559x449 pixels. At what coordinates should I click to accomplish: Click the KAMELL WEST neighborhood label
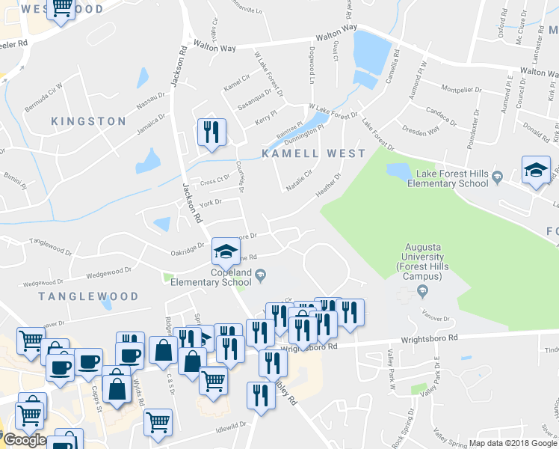[x=313, y=153]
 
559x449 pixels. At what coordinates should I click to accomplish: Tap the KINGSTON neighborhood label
[x=89, y=121]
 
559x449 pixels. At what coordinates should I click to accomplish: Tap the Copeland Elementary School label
[x=211, y=278]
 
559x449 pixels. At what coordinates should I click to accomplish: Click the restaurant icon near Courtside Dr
[x=211, y=133]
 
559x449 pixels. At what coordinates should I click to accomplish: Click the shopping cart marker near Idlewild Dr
[x=158, y=423]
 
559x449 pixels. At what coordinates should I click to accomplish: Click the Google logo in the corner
[x=24, y=439]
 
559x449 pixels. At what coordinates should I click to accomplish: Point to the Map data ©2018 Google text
[x=513, y=443]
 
